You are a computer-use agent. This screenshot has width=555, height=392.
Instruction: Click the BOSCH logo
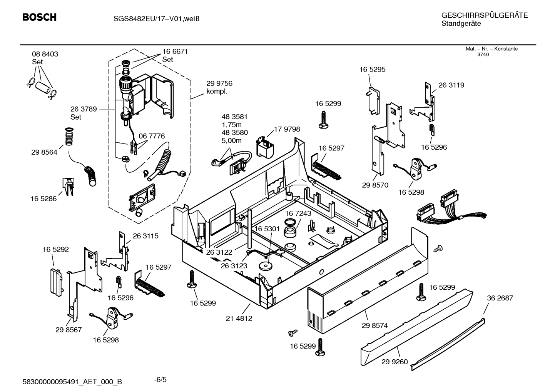click(39, 17)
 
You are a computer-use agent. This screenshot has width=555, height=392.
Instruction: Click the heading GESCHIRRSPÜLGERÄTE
click(484, 15)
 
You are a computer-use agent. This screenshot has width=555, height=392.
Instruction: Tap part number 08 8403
click(45, 54)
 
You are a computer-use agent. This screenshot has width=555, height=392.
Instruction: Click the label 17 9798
click(287, 129)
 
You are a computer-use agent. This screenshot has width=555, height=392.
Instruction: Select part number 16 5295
click(372, 70)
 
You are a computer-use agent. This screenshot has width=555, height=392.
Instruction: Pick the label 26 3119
click(451, 85)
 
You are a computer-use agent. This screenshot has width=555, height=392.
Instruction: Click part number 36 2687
click(500, 298)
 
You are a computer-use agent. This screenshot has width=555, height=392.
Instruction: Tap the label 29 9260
click(395, 362)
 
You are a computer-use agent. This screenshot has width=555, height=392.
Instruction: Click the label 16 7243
click(298, 213)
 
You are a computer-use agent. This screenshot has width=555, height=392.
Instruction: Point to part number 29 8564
click(44, 152)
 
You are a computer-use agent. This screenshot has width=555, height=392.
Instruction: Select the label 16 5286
click(43, 199)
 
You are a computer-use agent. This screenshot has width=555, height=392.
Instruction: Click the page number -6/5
click(160, 380)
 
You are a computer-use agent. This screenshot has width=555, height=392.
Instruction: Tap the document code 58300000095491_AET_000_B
click(73, 382)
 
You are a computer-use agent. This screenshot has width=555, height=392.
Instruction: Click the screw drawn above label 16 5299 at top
click(323, 120)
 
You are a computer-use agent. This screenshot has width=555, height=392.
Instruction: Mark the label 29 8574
click(374, 325)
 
